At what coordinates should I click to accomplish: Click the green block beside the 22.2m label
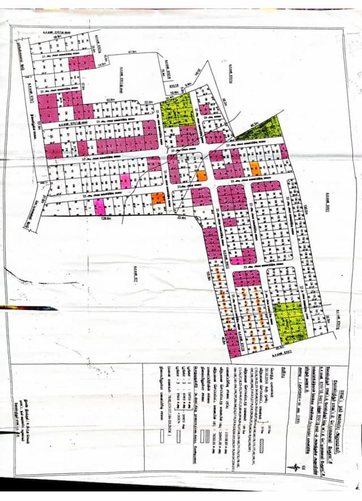(x=178, y=110)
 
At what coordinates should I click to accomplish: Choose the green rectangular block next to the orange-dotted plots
(x=291, y=322)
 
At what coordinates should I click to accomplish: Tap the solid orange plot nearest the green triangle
(x=255, y=168)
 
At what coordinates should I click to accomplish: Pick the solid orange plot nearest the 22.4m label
(x=158, y=198)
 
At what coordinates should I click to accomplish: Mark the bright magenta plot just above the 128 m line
(x=100, y=206)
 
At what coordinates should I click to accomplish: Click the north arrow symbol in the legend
(x=294, y=467)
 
